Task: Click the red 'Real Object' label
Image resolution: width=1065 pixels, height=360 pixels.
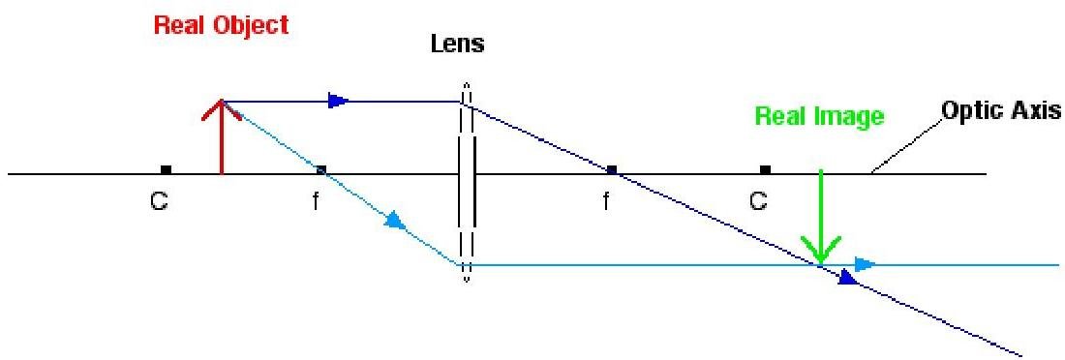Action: (222, 26)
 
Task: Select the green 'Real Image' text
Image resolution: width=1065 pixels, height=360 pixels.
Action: (820, 117)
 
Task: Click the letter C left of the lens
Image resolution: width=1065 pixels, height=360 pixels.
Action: (159, 201)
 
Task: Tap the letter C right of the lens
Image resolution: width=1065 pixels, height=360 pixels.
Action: (759, 200)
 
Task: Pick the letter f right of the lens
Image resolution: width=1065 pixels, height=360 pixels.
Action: (606, 201)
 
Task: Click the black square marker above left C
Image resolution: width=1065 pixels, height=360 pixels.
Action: (165, 169)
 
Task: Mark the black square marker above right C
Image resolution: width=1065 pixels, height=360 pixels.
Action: (766, 169)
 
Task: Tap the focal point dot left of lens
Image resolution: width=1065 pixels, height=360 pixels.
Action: (322, 169)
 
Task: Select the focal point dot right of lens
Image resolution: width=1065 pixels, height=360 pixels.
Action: (611, 169)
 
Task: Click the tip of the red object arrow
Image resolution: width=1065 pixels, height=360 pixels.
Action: (222, 100)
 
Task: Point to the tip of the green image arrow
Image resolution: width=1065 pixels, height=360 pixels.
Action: (821, 262)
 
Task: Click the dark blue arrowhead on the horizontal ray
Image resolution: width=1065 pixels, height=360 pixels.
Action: (338, 102)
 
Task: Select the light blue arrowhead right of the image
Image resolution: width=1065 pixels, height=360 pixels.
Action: (865, 264)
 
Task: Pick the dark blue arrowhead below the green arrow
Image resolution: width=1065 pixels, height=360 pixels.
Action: (849, 277)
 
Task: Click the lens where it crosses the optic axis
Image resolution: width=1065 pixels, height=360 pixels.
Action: (467, 174)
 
